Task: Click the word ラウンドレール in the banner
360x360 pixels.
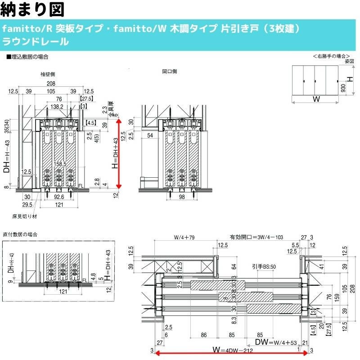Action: click(36, 42)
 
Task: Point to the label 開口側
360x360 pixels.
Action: click(169, 72)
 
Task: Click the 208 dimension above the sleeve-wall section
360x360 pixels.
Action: click(50, 84)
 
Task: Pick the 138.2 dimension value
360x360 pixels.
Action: click(57, 107)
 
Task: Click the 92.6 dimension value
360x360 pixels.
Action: click(57, 197)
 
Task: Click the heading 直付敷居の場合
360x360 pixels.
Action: click(20, 234)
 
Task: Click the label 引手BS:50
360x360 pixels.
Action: click(264, 266)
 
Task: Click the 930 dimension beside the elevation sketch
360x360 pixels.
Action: click(343, 87)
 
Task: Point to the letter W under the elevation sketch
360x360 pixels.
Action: click(316, 99)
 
